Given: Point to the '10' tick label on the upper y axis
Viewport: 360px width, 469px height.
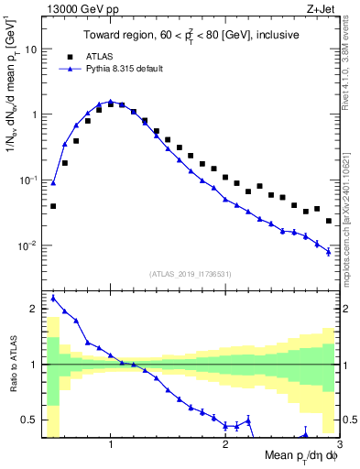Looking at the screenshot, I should [32, 49].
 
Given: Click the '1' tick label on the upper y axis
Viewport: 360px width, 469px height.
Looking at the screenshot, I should [35, 115].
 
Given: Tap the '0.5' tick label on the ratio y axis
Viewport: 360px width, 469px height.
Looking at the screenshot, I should [31, 420].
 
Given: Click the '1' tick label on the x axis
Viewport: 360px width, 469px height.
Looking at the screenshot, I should [111, 444].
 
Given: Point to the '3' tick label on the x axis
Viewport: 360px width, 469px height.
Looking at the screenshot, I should [338, 444].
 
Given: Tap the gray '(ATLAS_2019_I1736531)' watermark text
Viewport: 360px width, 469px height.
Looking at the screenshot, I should [191, 274].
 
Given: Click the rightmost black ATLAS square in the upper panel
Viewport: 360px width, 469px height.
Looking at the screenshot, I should [329, 221].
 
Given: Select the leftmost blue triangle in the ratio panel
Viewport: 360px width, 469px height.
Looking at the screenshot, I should [53, 298].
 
